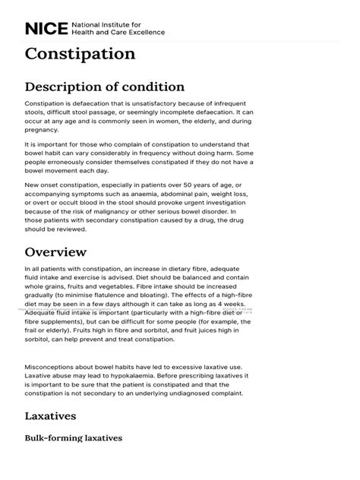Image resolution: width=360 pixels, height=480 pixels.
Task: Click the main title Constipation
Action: (x=81, y=55)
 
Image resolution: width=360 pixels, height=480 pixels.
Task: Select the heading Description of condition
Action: (x=104, y=87)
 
